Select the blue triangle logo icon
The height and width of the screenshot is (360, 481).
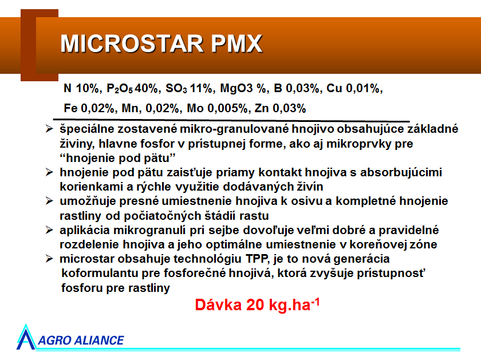click(26, 338)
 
